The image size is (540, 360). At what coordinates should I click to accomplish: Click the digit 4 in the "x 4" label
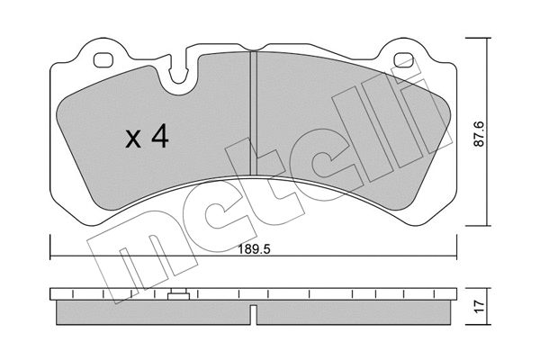point(161,138)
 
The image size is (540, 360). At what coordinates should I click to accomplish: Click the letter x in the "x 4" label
point(132,139)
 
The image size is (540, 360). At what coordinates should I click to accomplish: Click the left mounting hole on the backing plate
point(104,61)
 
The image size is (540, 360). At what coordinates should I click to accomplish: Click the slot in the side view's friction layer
point(254,315)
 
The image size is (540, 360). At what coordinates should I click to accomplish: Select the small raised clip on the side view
point(178,293)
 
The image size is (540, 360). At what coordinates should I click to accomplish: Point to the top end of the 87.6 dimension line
point(487,40)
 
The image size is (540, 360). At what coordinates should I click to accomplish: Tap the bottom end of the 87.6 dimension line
point(487,224)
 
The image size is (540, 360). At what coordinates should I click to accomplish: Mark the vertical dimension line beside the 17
point(487,307)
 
